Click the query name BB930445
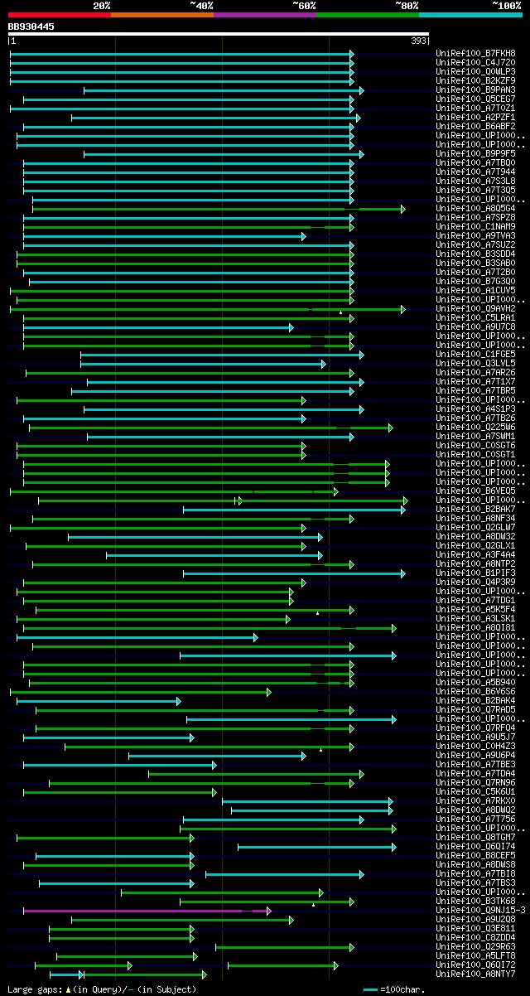tap(31, 27)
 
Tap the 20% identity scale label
tap(102, 5)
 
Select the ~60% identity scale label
tap(304, 5)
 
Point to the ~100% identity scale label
tap(507, 5)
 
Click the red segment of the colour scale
tap(59, 14)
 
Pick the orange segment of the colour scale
tap(161, 14)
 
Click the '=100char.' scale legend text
tap(402, 989)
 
